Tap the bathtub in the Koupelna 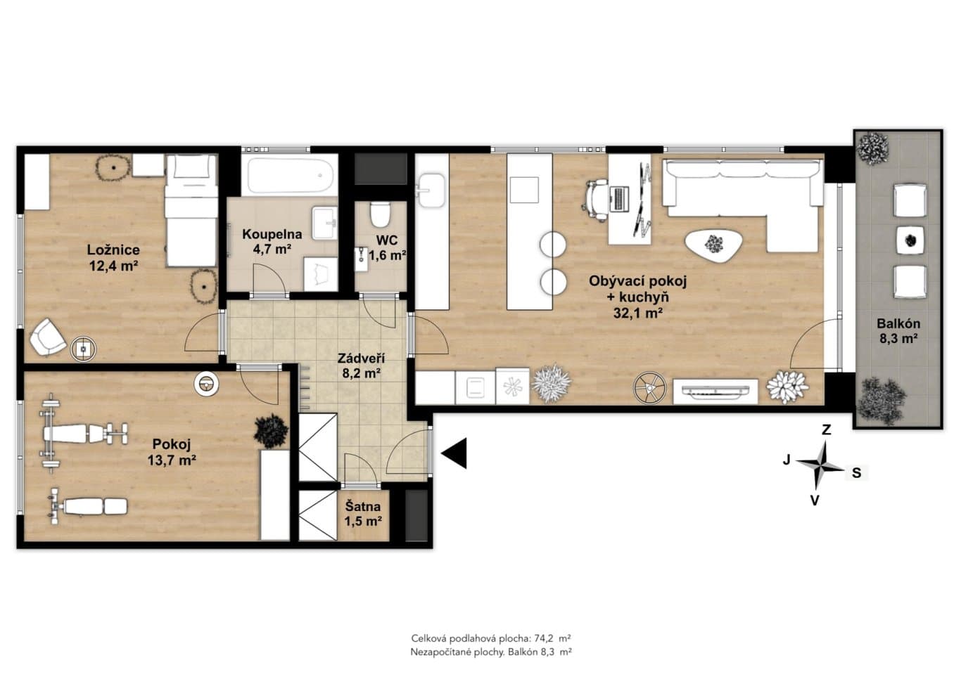tap(290, 175)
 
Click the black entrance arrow tap(454, 453)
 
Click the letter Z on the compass tap(826, 429)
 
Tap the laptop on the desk tap(618, 199)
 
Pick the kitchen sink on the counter tap(431, 190)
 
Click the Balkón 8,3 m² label tap(898, 331)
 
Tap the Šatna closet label tap(363, 514)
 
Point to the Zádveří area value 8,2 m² tap(361, 373)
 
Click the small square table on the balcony tap(910, 240)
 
